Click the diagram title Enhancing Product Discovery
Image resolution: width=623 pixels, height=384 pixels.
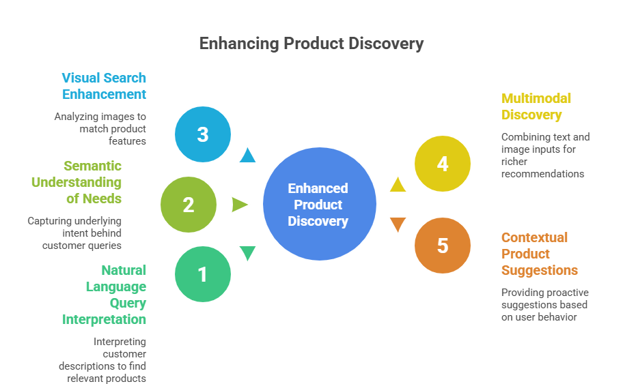pyautogui.click(x=311, y=44)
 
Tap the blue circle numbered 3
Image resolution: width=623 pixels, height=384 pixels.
pyautogui.click(x=203, y=134)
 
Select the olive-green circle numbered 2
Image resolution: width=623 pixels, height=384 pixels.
pyautogui.click(x=189, y=205)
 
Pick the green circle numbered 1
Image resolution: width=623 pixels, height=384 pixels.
pyautogui.click(x=203, y=274)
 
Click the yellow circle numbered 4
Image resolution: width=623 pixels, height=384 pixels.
pyautogui.click(x=443, y=164)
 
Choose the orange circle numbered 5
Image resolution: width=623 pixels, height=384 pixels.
pyautogui.click(x=443, y=246)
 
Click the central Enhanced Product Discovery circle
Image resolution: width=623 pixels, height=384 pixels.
pyautogui.click(x=319, y=204)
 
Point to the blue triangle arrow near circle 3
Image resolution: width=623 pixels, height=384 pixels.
pyautogui.click(x=247, y=156)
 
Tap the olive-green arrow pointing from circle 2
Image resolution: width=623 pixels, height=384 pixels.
pyautogui.click(x=240, y=205)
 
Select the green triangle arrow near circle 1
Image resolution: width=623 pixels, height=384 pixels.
pyautogui.click(x=247, y=253)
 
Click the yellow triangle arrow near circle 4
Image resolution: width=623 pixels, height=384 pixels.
pyautogui.click(x=398, y=184)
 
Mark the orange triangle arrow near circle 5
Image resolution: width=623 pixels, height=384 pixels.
pyautogui.click(x=398, y=224)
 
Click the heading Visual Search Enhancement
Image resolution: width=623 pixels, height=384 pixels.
pyautogui.click(x=104, y=86)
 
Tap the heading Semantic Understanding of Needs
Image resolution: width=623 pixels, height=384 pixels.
pyautogui.click(x=77, y=182)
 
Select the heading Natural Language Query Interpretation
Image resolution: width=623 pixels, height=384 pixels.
pyautogui.click(x=105, y=295)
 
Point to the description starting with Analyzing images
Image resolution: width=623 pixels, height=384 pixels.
pyautogui.click(x=101, y=129)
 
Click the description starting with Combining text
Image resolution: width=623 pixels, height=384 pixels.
pyautogui.click(x=544, y=155)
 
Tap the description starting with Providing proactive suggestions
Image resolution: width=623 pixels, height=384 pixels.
pyautogui.click(x=544, y=304)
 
